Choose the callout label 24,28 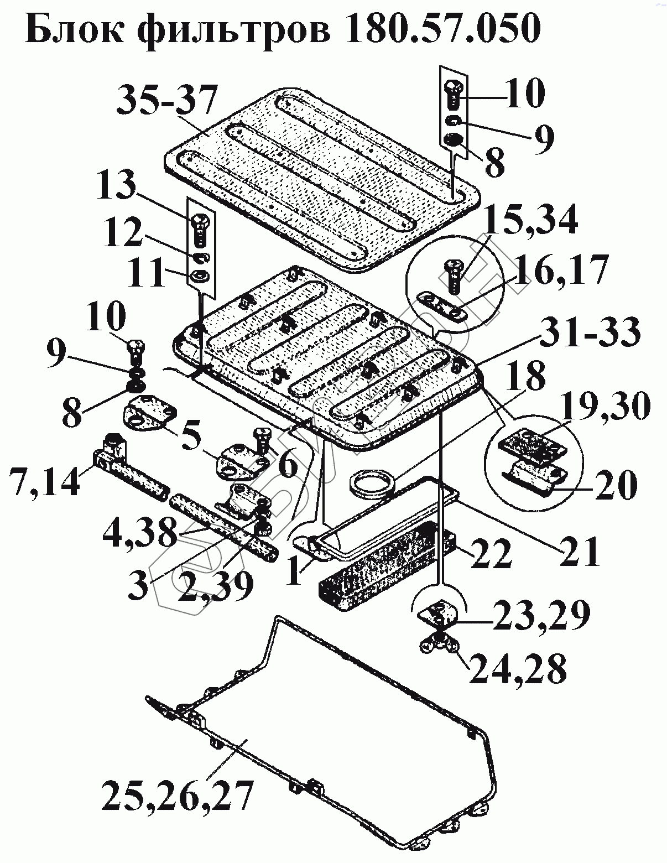tap(518, 669)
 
